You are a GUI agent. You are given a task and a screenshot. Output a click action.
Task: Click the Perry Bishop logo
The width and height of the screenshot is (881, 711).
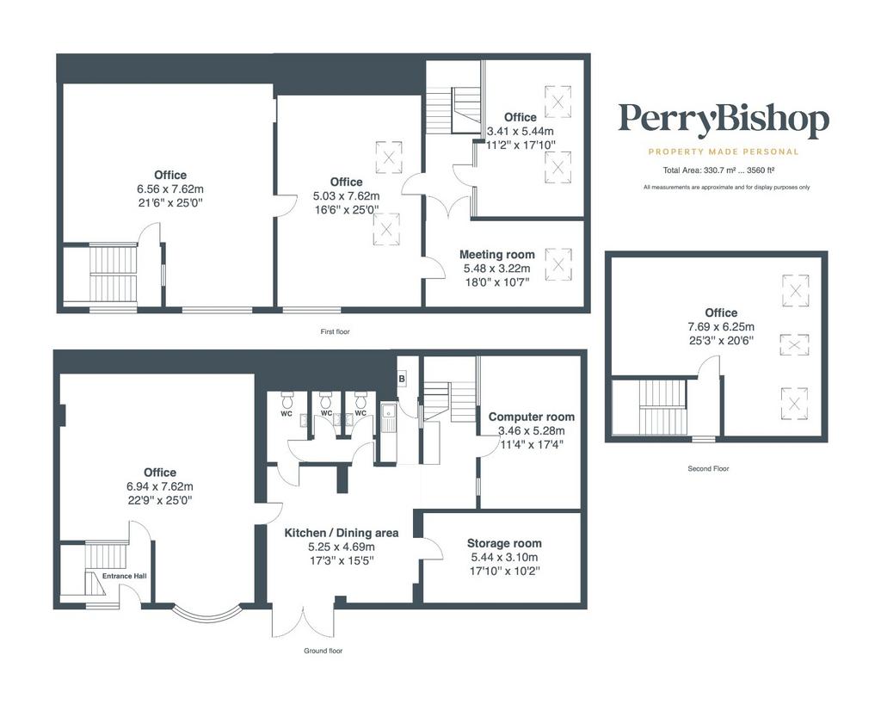724,121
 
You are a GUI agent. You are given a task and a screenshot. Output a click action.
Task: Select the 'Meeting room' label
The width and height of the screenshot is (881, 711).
497,255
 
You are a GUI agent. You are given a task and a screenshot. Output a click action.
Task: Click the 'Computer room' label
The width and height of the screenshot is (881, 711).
532,417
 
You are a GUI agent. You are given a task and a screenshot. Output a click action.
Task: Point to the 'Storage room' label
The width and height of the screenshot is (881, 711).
504,543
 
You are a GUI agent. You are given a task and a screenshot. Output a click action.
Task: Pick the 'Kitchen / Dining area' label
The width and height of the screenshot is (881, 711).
342,533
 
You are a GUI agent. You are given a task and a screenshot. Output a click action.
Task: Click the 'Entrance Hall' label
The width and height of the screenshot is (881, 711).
125,576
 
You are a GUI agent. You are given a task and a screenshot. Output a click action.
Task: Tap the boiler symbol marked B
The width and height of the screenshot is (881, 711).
402,380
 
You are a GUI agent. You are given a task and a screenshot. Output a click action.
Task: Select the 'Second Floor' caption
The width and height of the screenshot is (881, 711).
708,469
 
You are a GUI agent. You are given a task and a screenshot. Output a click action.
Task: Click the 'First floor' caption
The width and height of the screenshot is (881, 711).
336,331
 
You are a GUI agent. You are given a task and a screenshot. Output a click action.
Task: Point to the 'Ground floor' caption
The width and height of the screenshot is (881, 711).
323,651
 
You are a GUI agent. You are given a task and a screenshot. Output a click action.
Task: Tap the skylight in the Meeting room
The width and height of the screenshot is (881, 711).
558,263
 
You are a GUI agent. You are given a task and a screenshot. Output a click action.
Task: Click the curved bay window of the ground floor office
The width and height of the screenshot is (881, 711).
207,615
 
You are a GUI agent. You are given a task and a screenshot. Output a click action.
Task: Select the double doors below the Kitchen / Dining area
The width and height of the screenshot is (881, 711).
304,622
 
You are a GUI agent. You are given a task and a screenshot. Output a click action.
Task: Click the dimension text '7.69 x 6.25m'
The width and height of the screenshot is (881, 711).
721,327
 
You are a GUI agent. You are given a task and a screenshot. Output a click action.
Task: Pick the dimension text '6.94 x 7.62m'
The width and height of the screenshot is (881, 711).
160,486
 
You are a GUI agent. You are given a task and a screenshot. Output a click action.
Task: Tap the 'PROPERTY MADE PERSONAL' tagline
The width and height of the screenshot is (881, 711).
724,151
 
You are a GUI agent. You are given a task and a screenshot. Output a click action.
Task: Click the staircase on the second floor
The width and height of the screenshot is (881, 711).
663,407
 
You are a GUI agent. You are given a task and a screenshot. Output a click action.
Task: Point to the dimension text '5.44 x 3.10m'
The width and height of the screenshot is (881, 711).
504,558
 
